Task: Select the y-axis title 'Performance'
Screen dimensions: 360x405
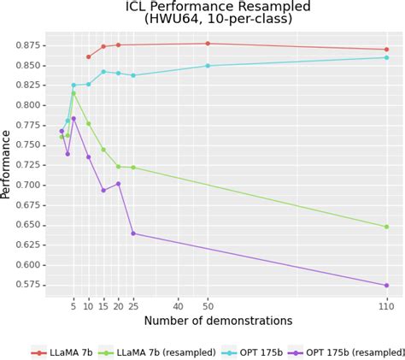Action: click(x=7, y=165)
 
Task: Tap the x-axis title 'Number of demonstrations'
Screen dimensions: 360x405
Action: click(x=218, y=321)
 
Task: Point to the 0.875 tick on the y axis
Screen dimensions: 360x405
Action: click(x=26, y=44)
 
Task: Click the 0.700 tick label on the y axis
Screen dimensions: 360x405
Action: click(x=26, y=185)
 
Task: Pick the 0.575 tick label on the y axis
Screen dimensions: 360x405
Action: click(x=26, y=285)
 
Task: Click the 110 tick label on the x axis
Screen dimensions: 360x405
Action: click(x=386, y=305)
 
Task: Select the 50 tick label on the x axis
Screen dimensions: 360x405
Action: click(x=208, y=305)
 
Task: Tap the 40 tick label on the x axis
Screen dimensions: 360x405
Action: click(x=178, y=305)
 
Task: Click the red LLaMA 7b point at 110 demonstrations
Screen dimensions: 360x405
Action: click(x=386, y=50)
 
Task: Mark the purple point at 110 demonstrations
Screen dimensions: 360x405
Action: click(x=386, y=286)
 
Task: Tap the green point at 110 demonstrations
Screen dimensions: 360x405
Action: click(x=386, y=227)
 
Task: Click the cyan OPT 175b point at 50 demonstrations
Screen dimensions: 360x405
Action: click(x=208, y=66)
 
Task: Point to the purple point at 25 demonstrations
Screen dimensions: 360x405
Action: click(x=133, y=233)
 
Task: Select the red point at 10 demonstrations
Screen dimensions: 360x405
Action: click(x=88, y=57)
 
